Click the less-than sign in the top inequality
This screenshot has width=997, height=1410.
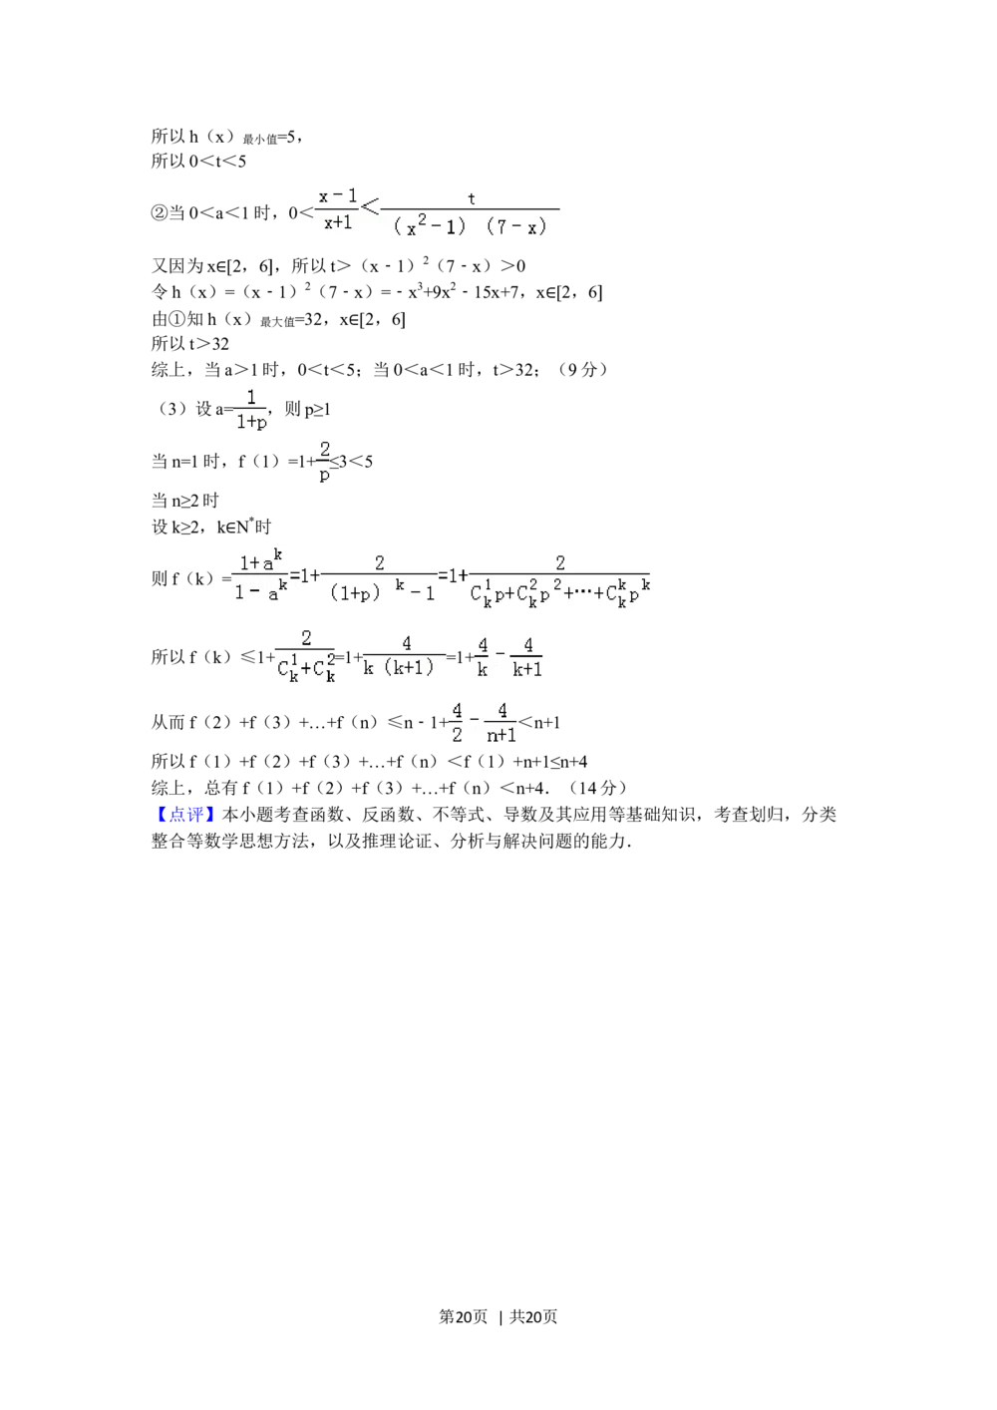coord(370,207)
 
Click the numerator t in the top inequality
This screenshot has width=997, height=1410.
coord(472,198)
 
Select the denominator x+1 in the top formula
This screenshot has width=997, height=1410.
coord(338,223)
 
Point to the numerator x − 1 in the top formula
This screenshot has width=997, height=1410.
coord(338,196)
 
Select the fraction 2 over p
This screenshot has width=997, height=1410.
coord(324,462)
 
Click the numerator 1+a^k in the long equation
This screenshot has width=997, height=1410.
coord(260,562)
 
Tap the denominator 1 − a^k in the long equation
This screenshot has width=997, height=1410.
coord(260,592)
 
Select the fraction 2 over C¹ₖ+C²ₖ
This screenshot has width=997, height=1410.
coord(305,656)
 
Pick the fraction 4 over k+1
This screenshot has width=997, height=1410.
coord(527,658)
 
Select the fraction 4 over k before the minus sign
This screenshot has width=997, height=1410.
coord(483,658)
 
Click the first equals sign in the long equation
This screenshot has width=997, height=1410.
coord(296,575)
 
